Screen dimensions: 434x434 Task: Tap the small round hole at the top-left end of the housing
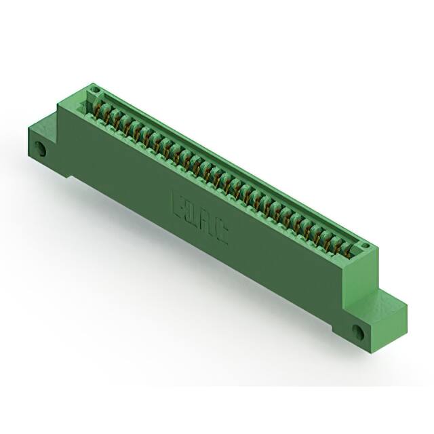[x=96, y=90]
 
